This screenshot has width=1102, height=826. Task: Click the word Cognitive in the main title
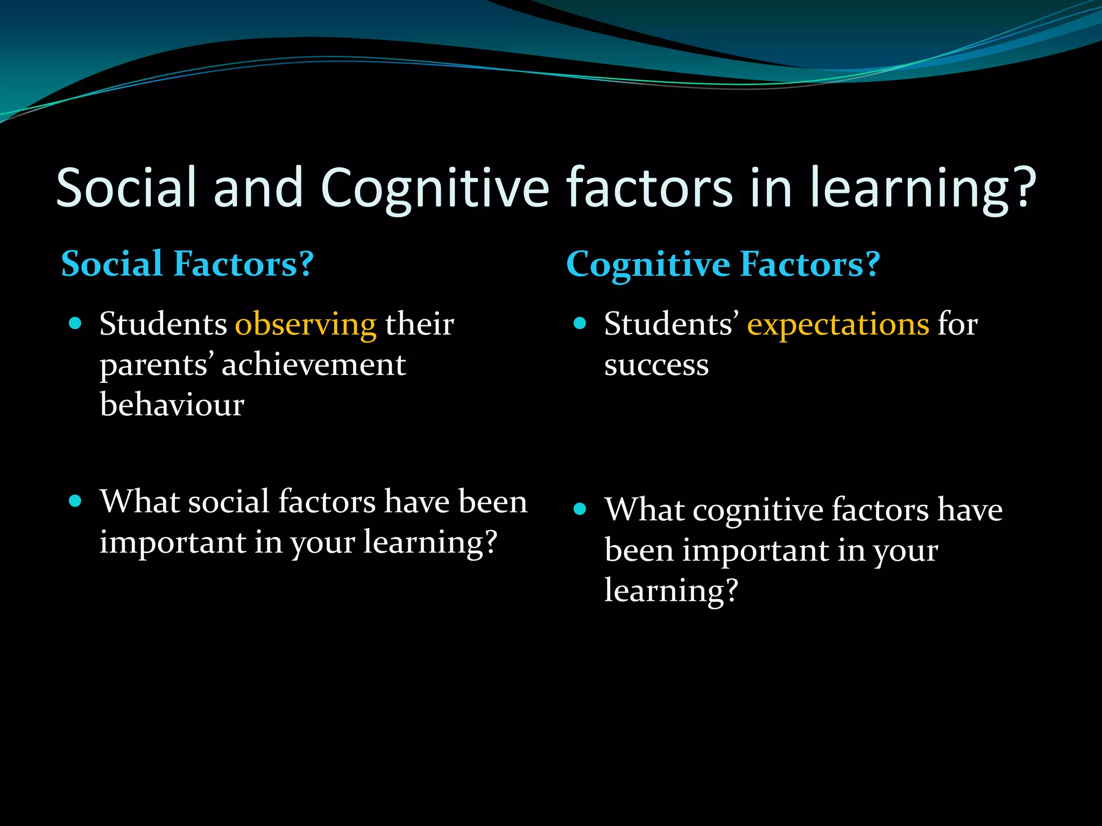point(435,188)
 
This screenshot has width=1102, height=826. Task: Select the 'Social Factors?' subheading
point(187,264)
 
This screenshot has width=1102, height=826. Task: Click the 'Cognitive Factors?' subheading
point(723,265)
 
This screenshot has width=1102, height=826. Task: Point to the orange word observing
point(306,325)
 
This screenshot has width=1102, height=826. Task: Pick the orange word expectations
point(838,324)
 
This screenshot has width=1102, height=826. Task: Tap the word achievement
point(314,365)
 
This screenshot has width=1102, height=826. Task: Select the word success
point(656,365)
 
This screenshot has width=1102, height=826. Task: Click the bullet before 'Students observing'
point(75,323)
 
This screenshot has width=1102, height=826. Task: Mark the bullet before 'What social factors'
point(75,501)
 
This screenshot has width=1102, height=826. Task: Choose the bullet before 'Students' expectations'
point(580,323)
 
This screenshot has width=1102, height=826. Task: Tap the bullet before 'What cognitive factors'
point(580,509)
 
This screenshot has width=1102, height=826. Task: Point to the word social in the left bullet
point(228,502)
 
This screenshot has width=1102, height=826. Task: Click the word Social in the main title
point(126,187)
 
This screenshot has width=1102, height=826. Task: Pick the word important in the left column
point(172,542)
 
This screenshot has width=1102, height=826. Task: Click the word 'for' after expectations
point(958,324)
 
